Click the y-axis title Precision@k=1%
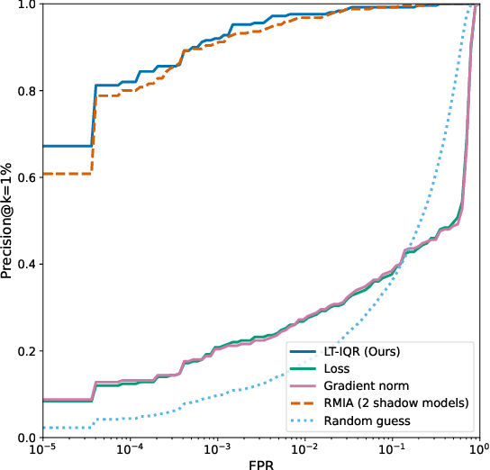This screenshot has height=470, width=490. [x=8, y=220]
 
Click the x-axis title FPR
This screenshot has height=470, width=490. [x=260, y=462]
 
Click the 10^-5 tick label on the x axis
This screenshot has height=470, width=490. [x=42, y=447]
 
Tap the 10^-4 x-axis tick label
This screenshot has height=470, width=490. [x=130, y=447]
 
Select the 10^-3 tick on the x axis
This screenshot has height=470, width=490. [x=217, y=447]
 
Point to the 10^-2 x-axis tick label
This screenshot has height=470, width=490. [x=304, y=447]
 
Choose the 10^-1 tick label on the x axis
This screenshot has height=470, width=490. [x=391, y=447]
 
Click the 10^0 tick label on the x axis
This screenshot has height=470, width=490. [x=477, y=447]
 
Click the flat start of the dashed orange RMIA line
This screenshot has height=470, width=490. [x=68, y=173]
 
